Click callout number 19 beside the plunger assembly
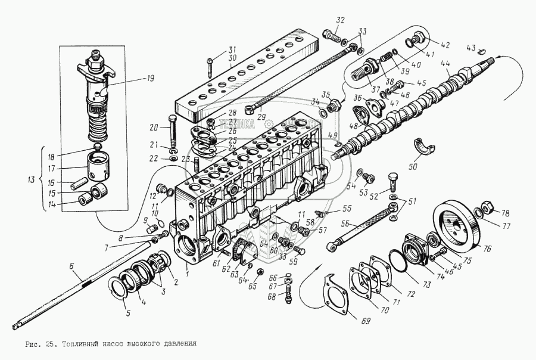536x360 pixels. (133, 77)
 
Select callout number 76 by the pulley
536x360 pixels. (487, 249)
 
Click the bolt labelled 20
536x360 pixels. (172, 129)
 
